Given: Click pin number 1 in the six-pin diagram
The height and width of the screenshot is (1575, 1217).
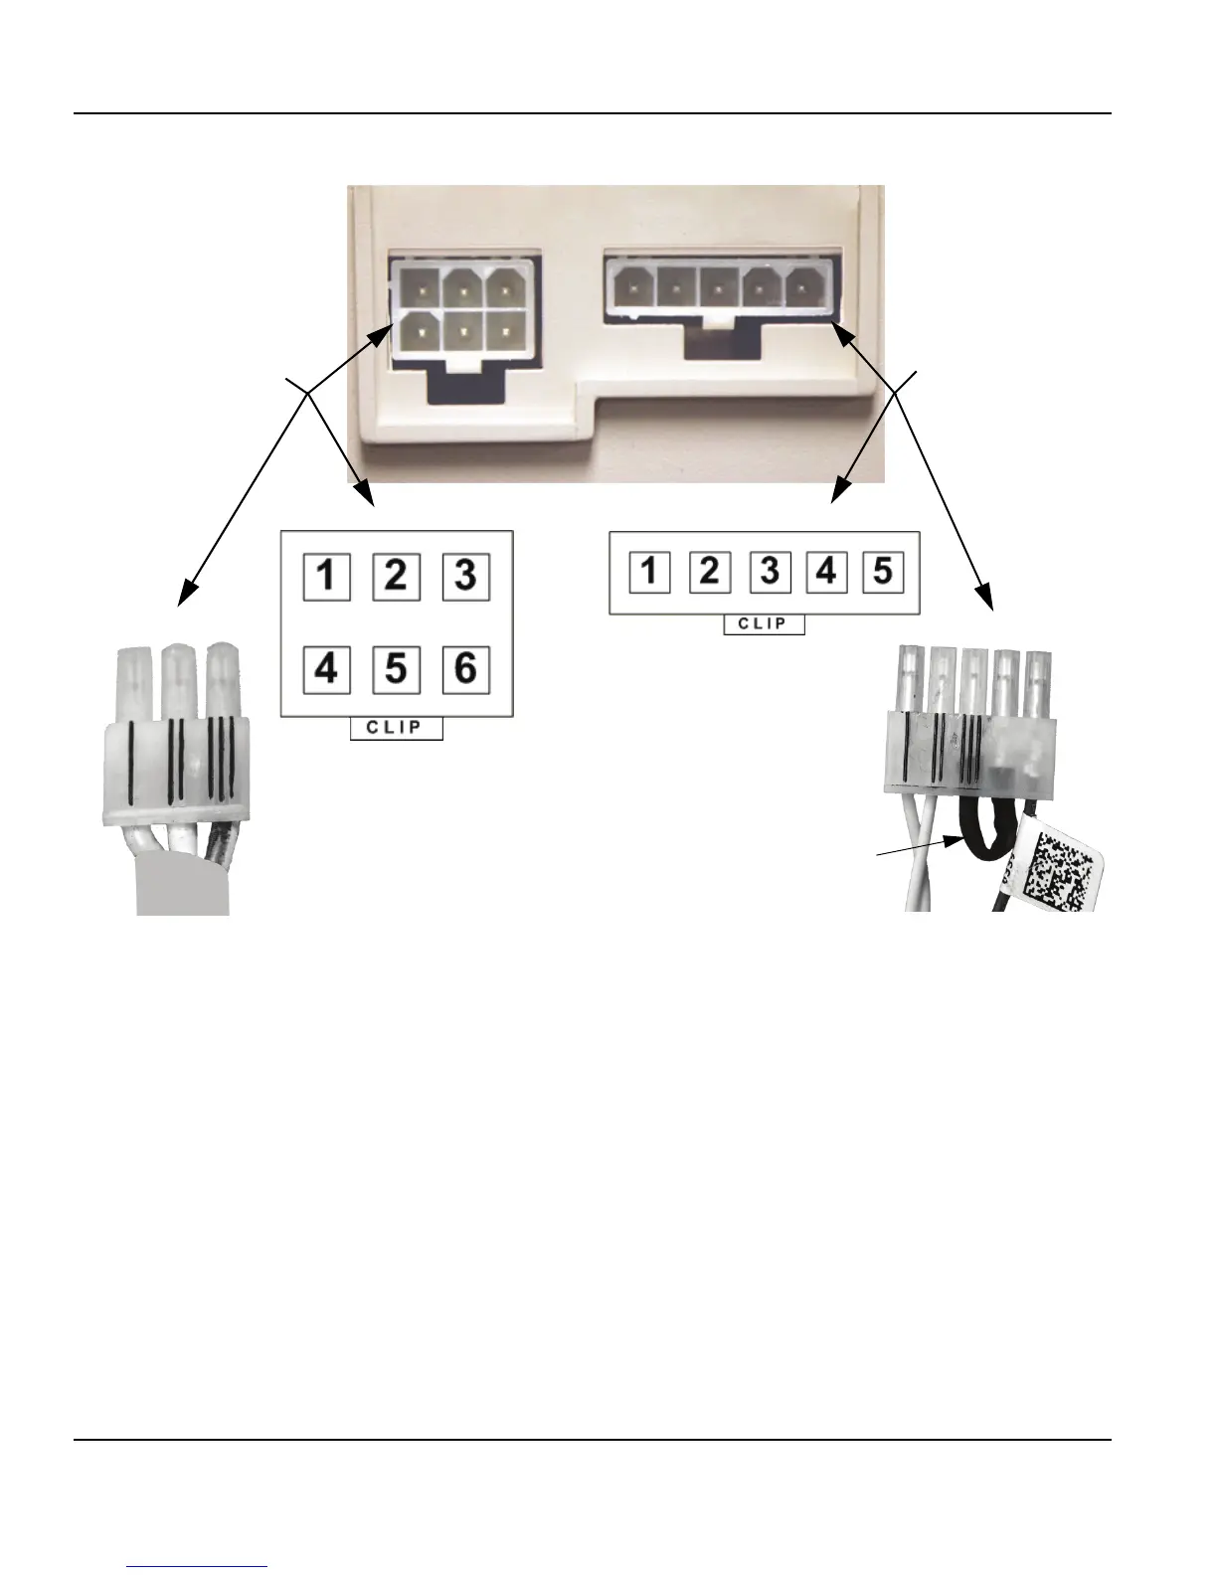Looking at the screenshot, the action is [x=326, y=576].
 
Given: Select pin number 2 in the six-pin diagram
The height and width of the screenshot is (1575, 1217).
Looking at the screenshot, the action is [x=396, y=576].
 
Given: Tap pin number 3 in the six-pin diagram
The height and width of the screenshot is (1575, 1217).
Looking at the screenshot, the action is [x=465, y=576].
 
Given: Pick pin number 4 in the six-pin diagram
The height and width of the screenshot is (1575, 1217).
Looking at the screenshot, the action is [x=326, y=669].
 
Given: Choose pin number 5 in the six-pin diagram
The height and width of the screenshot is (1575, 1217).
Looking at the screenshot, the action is [x=396, y=669].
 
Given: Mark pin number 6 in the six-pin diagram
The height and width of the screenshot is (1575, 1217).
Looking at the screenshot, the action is [x=465, y=669].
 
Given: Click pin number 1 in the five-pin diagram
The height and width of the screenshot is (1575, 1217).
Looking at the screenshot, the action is [x=649, y=572].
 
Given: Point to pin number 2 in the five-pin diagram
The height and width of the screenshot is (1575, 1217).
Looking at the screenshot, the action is [x=709, y=572].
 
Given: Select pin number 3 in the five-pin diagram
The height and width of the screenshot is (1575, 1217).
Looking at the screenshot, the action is [x=770, y=572].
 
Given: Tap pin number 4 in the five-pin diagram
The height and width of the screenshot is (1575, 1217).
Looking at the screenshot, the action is [x=827, y=572].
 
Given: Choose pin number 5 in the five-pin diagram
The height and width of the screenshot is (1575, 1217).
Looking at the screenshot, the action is [x=883, y=572].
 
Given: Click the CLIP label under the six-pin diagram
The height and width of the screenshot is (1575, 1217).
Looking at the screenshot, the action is [x=396, y=728].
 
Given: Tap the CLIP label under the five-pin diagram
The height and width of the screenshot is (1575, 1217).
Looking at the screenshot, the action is [x=764, y=624].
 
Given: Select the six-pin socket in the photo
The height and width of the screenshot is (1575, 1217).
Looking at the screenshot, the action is [x=463, y=309].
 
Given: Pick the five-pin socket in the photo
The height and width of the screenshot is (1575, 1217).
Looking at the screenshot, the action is [x=719, y=289].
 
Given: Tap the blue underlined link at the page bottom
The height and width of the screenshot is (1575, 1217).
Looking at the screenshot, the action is [x=198, y=1566].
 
